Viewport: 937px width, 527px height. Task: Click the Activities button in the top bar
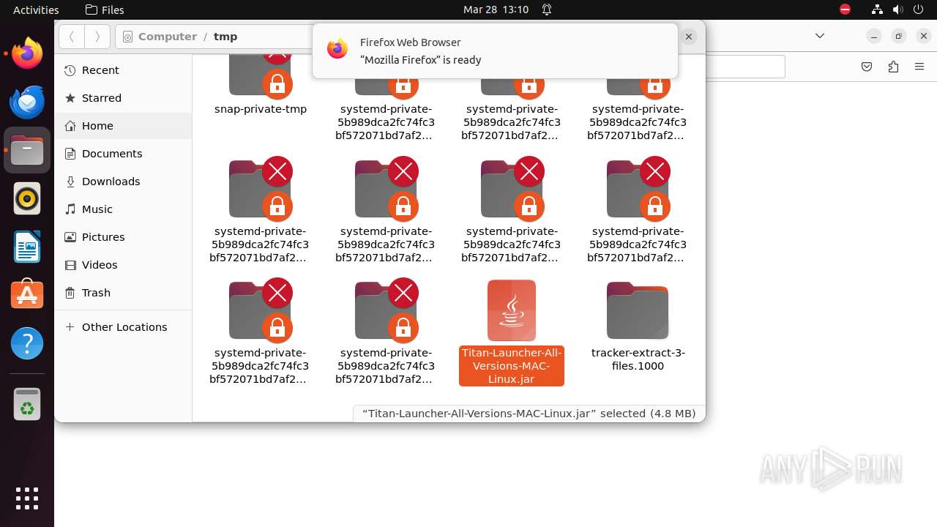tap(36, 10)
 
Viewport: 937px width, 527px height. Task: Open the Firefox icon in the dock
tap(27, 54)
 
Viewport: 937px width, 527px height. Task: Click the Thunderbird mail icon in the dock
tap(27, 102)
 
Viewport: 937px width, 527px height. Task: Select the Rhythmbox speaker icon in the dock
tap(27, 198)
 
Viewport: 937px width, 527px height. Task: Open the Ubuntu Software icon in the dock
tap(27, 295)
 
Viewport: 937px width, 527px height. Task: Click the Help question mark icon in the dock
tap(27, 343)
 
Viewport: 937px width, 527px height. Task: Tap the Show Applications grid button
tap(27, 498)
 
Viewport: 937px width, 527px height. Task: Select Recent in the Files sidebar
tap(100, 70)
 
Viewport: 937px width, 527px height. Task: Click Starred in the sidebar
tap(102, 98)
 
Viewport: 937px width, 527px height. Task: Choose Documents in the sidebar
tap(111, 154)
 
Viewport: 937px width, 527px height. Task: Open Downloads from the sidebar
tap(111, 182)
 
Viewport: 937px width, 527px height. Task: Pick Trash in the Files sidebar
tap(96, 293)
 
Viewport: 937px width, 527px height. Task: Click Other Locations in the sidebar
tap(124, 327)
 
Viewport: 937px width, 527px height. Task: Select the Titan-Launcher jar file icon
tap(512, 310)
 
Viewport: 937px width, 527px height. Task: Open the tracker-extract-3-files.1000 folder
tap(638, 310)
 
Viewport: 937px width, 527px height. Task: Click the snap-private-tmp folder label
tap(261, 109)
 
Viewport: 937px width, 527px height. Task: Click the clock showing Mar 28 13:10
tap(496, 10)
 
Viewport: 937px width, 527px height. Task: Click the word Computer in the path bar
tap(167, 37)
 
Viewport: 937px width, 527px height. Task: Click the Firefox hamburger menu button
tap(919, 67)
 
